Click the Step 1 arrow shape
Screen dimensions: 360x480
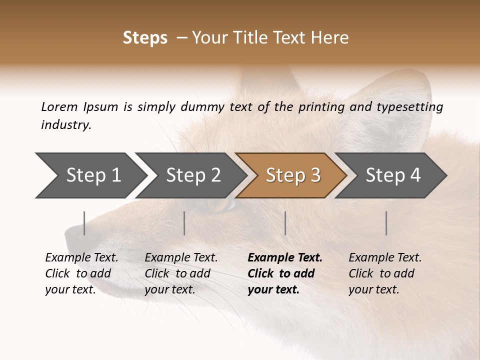93,175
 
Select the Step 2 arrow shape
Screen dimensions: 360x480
193,175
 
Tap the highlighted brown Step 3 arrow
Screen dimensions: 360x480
293,175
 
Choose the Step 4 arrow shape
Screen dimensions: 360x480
393,175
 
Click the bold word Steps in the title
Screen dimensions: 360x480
145,38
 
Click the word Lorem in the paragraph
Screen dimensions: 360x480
59,106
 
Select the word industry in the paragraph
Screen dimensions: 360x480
65,125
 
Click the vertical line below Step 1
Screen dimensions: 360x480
84,223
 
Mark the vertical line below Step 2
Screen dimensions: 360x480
184,223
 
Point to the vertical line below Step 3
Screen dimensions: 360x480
285,223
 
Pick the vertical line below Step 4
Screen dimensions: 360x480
386,223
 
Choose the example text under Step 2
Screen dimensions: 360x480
180,273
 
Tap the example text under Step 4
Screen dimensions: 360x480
384,273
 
